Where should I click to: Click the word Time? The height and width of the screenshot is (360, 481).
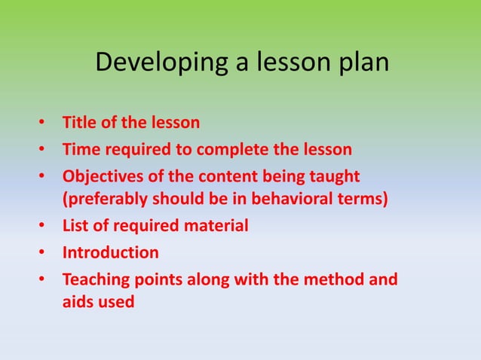tap(80, 149)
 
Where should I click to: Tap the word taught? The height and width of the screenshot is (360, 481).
tap(332, 176)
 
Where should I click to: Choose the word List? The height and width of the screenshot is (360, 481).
tap(75, 225)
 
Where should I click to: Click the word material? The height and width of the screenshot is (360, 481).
tap(213, 225)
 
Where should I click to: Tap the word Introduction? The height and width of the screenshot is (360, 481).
tap(110, 252)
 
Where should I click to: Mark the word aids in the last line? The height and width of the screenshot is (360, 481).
tap(77, 302)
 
